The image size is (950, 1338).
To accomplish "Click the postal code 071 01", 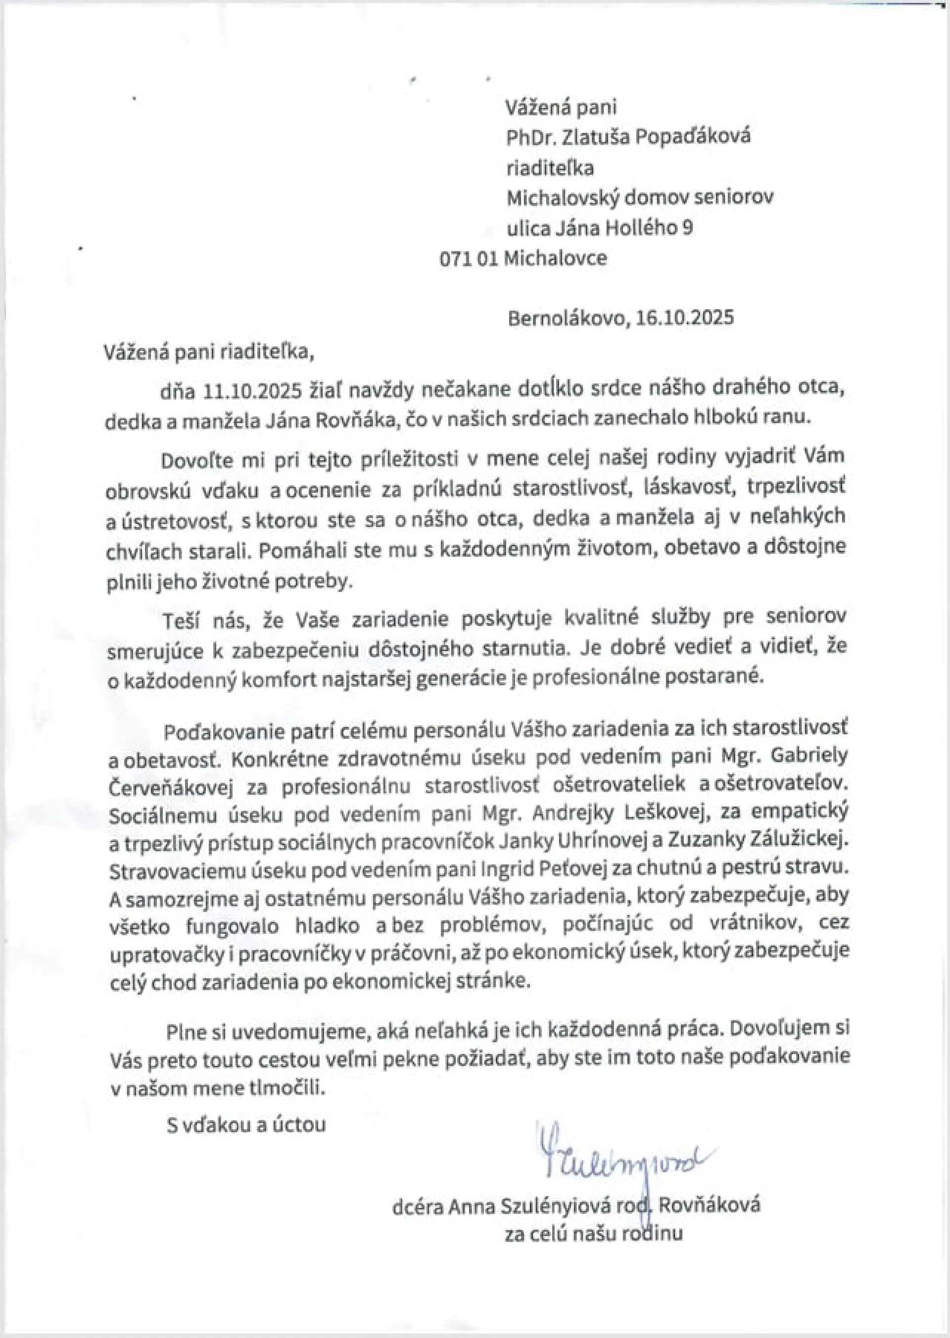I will tap(469, 258).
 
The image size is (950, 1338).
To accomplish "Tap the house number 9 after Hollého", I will tap(687, 227).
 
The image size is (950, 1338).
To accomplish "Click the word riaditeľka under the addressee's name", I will tap(550, 167).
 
